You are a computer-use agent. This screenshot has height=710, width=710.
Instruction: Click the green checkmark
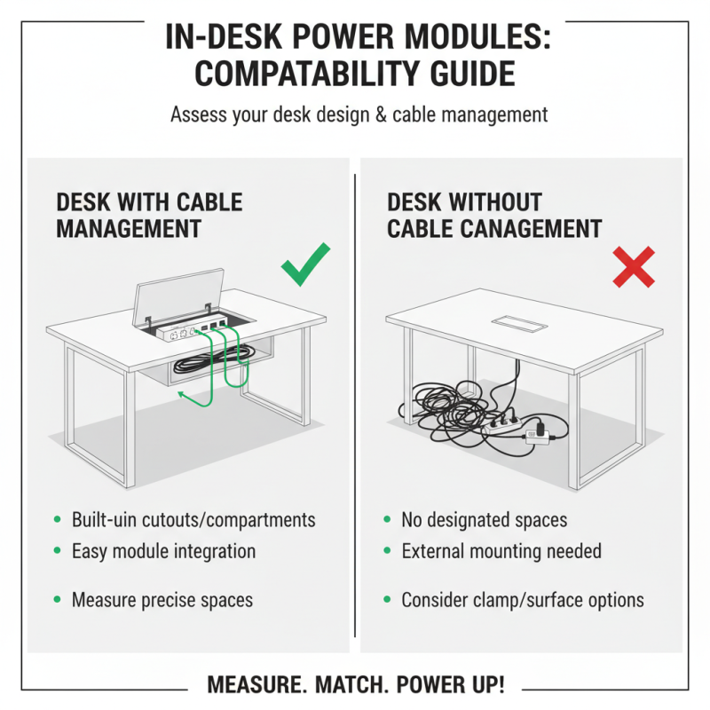coord(305,264)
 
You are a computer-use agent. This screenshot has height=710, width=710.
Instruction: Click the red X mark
coord(634,267)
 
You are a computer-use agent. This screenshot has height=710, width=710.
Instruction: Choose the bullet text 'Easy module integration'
coord(163,551)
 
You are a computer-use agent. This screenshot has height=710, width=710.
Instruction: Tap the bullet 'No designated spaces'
coord(484,520)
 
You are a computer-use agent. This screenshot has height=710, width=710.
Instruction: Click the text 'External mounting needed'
coord(501,551)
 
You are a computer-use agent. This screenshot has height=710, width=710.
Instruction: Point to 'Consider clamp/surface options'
coord(523,600)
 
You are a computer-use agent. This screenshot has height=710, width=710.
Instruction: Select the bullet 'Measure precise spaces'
coord(162,600)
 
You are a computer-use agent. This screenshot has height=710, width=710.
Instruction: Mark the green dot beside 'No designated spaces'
coord(387,520)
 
